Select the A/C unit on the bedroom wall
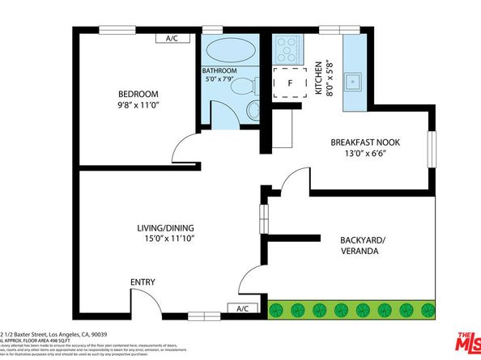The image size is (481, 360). tap(177, 38)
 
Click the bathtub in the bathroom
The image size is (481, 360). tap(228, 53)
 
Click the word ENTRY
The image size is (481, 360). tap(143, 282)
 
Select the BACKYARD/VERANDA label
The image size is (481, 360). tap(351, 245)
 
